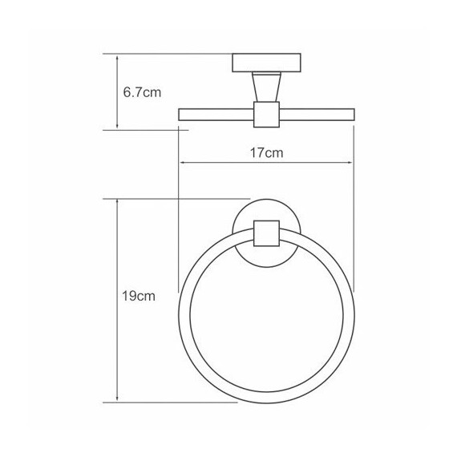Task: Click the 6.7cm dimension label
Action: [x=142, y=92]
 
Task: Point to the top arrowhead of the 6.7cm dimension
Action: [x=118, y=57]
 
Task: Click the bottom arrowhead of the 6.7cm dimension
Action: [x=118, y=126]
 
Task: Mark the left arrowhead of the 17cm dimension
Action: [x=182, y=164]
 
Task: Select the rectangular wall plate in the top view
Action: [x=265, y=63]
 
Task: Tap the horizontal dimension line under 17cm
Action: [x=224, y=164]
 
